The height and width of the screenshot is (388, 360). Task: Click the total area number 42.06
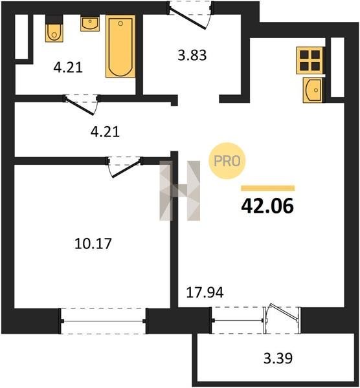(x=267, y=206)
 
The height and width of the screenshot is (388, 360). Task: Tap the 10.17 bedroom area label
(x=93, y=244)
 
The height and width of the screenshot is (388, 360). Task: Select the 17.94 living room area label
(x=205, y=292)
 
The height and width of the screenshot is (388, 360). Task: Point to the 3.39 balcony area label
(x=278, y=358)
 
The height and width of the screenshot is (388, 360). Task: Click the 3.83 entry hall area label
(x=192, y=55)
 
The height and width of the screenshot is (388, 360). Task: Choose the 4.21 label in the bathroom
(x=68, y=67)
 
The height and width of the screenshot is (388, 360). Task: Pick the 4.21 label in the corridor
(x=105, y=131)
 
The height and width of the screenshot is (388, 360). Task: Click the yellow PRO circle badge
(x=227, y=161)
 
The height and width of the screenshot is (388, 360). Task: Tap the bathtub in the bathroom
(x=120, y=47)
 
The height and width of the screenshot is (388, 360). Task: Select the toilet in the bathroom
(x=54, y=28)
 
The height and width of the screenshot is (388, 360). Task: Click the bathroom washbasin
(x=90, y=23)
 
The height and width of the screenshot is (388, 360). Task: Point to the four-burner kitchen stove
(x=309, y=60)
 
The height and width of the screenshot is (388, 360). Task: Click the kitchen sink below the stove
(x=313, y=90)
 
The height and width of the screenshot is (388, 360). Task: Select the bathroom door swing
(x=82, y=105)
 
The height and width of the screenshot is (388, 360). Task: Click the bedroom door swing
(x=125, y=166)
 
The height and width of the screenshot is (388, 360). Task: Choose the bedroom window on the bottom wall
(x=103, y=321)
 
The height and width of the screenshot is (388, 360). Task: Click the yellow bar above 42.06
(x=268, y=188)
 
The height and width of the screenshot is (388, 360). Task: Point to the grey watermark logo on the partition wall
(x=179, y=191)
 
